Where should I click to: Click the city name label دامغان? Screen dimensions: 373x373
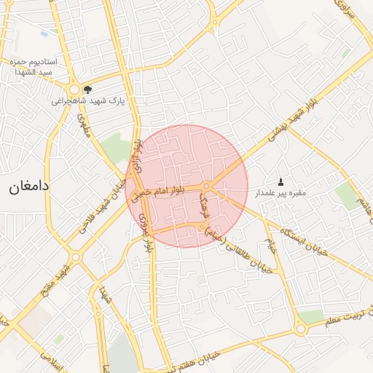coord(29,186)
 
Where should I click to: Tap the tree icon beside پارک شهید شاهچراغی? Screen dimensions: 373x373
coord(88,90)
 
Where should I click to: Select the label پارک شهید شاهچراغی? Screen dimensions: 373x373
coord(89,101)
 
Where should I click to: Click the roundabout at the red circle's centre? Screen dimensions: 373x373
coord(208,187)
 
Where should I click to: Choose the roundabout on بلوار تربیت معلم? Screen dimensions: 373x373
coord(300,329)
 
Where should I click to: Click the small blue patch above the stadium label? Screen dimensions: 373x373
coord(44,34)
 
